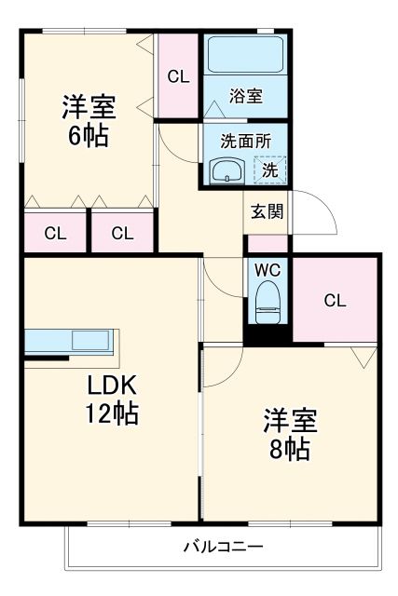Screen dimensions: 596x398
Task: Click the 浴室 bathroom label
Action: pos(246,95)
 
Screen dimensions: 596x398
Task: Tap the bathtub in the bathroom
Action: pos(245,55)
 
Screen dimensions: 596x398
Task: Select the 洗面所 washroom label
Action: pos(246,142)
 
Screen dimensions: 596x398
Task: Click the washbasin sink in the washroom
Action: pos(226,170)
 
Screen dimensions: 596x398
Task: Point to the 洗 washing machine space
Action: pos(269,169)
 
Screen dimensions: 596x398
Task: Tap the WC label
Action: pos(268,270)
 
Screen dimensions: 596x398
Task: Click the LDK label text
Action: pos(113,385)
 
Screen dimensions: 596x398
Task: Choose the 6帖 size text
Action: pos(88,136)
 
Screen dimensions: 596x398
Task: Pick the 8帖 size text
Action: pos(290,449)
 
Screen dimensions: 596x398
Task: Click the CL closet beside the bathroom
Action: pos(178,77)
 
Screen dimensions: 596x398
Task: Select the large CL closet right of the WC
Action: pos(336,300)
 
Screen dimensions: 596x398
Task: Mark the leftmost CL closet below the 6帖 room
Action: pos(55,234)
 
